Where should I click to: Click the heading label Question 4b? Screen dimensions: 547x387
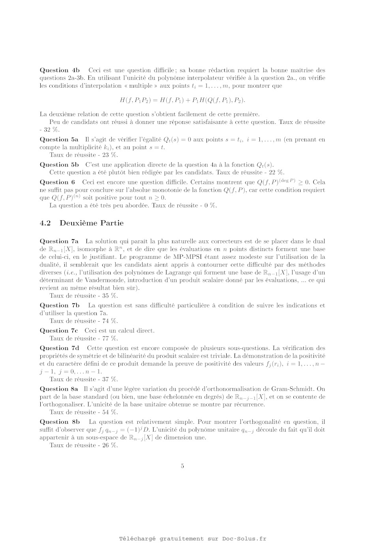pos(60,70)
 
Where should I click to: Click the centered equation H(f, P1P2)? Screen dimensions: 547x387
pos(182,100)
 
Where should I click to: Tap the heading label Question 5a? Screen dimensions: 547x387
pos(59,140)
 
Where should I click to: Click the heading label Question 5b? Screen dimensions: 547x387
pos(59,165)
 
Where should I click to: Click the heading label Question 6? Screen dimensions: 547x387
pos(57,182)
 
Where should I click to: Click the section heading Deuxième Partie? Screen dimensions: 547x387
pos(91,223)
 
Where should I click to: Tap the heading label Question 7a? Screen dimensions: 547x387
pos(59,241)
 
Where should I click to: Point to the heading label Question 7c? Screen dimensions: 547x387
pos(59,331)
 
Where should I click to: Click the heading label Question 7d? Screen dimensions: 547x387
pos(60,348)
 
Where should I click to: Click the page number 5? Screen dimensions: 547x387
pos(182,466)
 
